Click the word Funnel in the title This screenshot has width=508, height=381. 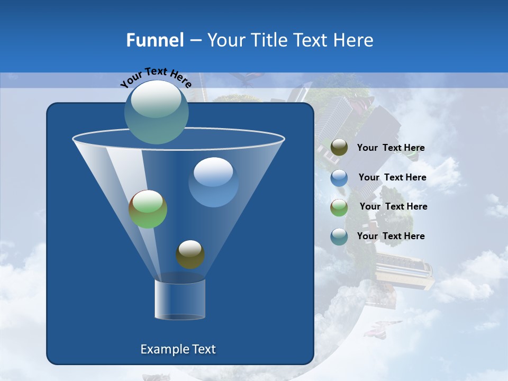click(x=155, y=40)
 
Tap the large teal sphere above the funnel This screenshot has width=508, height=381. click(x=157, y=112)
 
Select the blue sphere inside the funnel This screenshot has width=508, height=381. click(x=213, y=182)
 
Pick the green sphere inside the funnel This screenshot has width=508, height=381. click(x=148, y=209)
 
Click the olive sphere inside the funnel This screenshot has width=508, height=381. click(x=190, y=255)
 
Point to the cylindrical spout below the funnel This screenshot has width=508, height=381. click(x=180, y=300)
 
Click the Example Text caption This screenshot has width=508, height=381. click(x=178, y=349)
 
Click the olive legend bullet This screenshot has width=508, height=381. click(x=339, y=148)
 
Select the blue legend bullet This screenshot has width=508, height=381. click(x=339, y=178)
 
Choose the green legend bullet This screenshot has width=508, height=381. click(x=339, y=207)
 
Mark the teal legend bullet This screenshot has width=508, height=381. click(x=339, y=237)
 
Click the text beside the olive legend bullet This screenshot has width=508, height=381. click(x=391, y=148)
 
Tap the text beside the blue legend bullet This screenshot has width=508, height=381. click(x=392, y=177)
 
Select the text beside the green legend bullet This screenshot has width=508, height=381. click(x=393, y=206)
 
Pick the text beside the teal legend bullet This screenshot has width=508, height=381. click(x=391, y=236)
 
